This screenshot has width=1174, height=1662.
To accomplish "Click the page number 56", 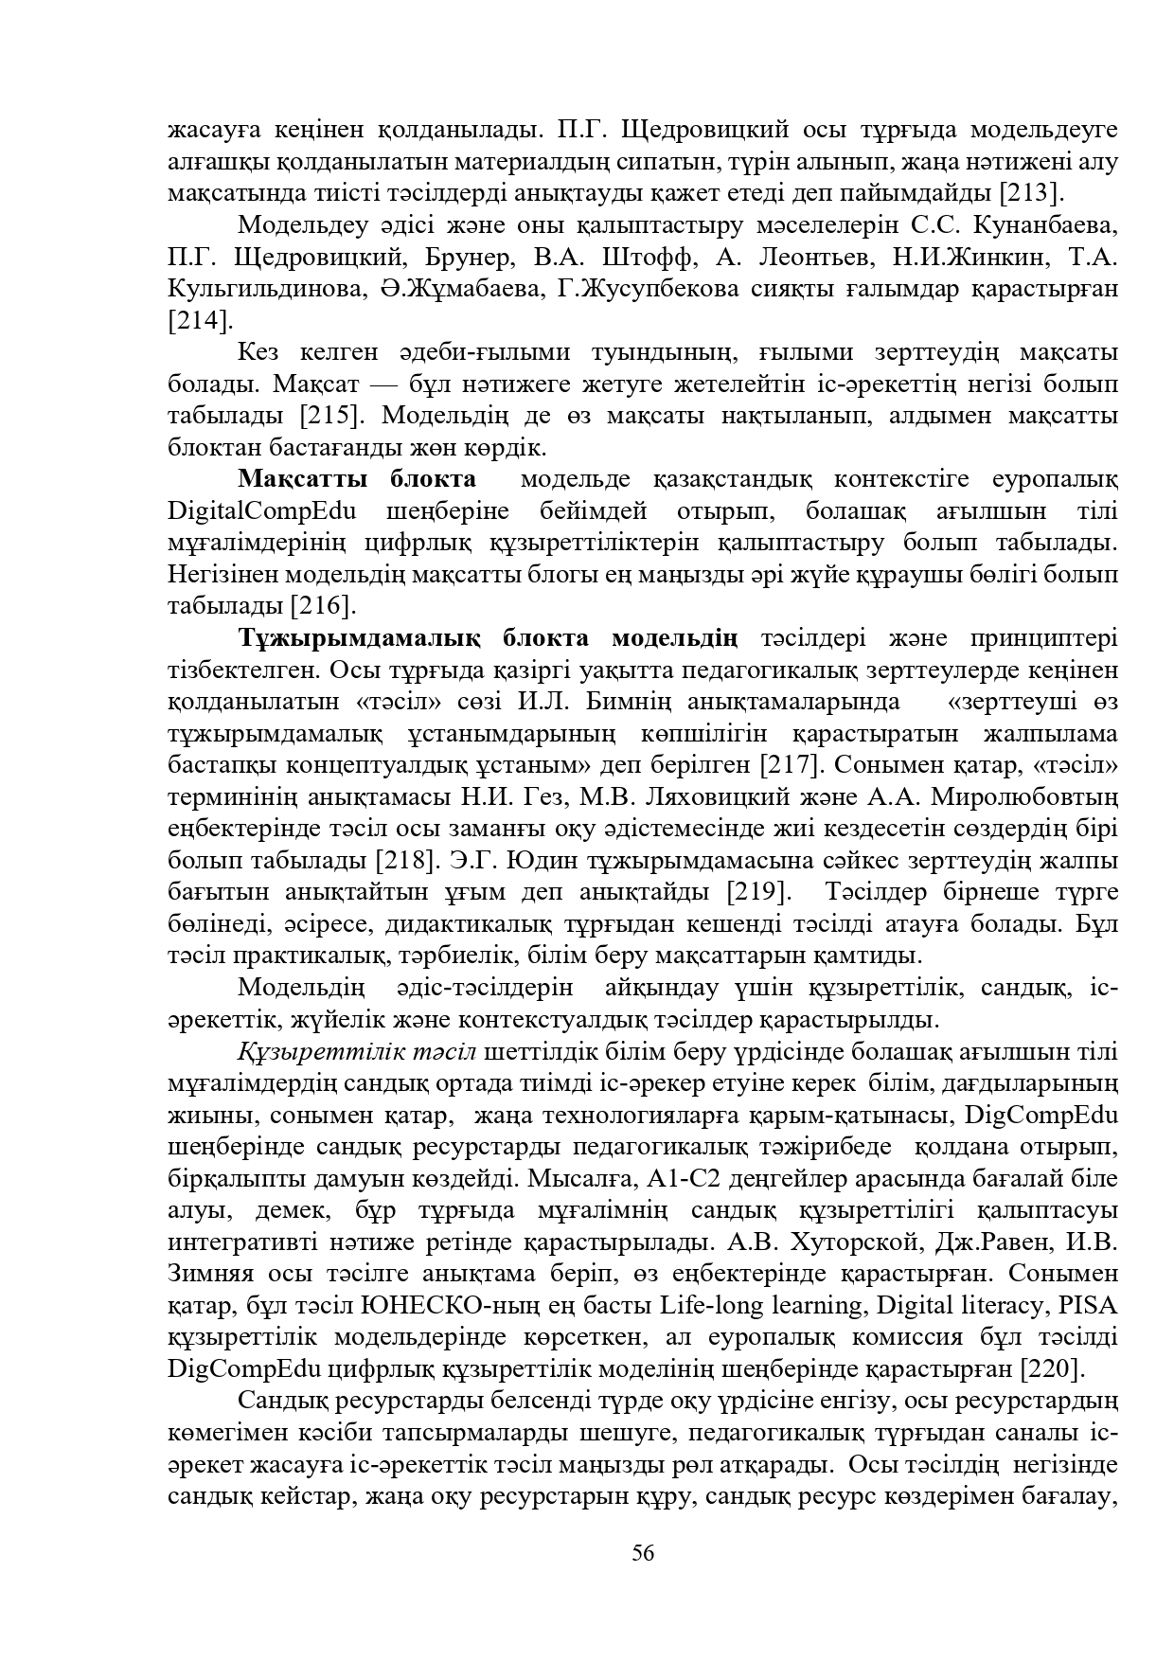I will (643, 1553).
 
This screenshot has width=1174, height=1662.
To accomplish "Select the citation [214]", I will (199, 320).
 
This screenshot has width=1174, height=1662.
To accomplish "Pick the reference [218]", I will (407, 861).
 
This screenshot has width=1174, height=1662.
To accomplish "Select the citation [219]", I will (758, 892).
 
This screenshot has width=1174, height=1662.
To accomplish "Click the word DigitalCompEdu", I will (261, 511).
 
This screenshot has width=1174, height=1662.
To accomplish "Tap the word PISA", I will (1089, 1306).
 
